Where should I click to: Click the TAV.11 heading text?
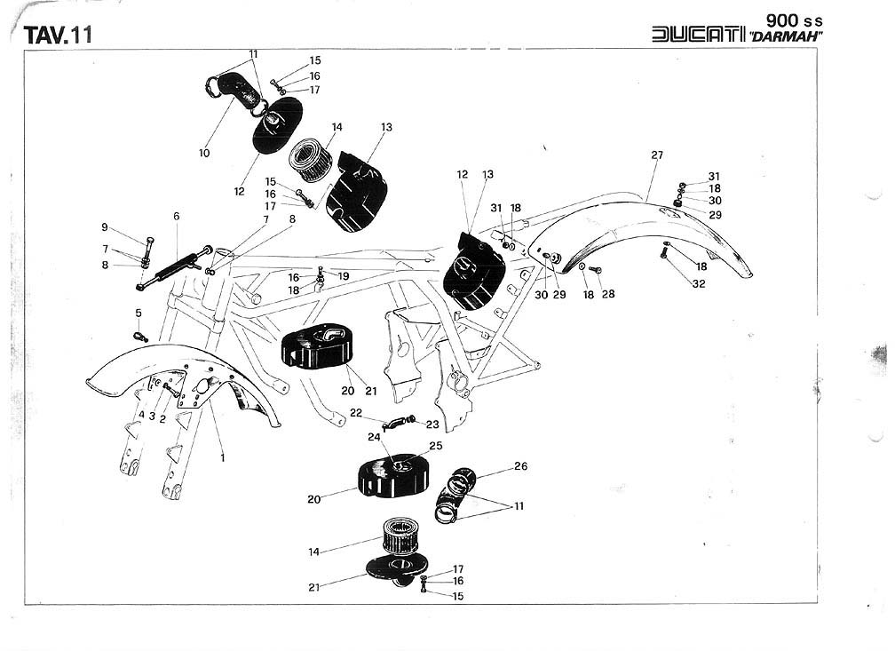[x=59, y=36]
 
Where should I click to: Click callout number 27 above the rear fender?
[x=656, y=155]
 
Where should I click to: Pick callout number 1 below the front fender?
[x=223, y=458]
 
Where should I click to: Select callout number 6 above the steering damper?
[x=176, y=217]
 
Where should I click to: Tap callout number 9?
[x=104, y=227]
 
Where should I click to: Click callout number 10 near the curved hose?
[x=204, y=153]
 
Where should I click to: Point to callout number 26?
[x=520, y=466]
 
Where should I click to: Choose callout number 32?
[x=700, y=284]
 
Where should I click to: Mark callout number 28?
[x=607, y=294]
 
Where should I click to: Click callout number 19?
[x=344, y=276]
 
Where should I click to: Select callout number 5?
[x=139, y=313]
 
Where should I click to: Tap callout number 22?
[x=356, y=412]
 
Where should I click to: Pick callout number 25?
[x=435, y=445]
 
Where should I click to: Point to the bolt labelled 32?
[x=665, y=254]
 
